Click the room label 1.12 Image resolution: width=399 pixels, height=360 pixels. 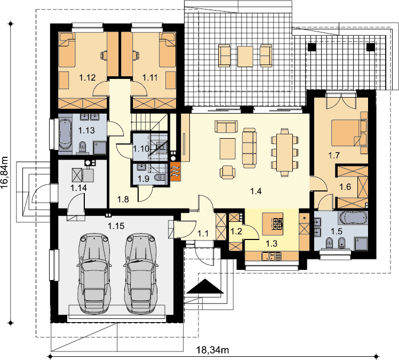[87, 77]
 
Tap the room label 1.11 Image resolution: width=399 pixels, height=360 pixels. [150, 77]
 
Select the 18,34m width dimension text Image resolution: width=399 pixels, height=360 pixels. [212, 350]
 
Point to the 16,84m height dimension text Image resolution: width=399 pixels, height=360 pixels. [5, 172]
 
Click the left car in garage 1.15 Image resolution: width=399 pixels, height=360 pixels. [94, 273]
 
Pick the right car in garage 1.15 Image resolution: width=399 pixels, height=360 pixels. [141, 273]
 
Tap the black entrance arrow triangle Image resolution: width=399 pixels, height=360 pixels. [205, 286]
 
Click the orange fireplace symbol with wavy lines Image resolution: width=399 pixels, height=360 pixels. [175, 172]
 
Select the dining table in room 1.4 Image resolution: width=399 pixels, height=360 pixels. [284, 153]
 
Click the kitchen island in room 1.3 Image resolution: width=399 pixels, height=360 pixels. [273, 224]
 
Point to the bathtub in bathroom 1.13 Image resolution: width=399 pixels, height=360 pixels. [65, 134]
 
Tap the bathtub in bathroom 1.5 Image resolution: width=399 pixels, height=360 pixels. [353, 218]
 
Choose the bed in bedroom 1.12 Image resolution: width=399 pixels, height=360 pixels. [67, 50]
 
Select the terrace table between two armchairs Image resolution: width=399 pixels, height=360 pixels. [245, 56]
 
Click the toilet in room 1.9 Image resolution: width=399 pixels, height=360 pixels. [159, 177]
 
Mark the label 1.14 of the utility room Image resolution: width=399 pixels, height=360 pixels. [78, 188]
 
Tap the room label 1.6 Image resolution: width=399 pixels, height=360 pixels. [345, 187]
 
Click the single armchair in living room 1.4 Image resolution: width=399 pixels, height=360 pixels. [227, 172]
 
